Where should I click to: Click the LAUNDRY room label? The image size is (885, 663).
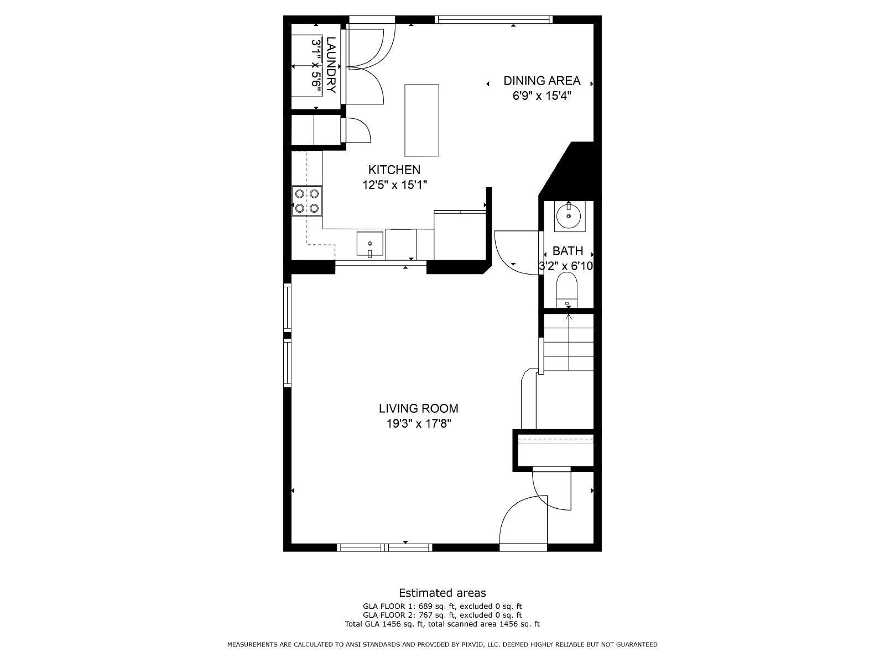click(331, 65)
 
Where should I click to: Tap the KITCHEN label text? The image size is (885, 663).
click(394, 170)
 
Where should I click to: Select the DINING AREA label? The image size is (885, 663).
click(542, 81)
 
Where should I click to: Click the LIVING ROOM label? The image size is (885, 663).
click(418, 409)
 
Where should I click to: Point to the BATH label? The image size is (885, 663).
click(568, 251)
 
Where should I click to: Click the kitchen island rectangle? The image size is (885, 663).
click(421, 120)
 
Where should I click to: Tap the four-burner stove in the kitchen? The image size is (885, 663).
click(308, 201)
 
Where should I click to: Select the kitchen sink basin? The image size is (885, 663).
click(370, 244)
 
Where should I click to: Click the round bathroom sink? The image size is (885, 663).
click(568, 215)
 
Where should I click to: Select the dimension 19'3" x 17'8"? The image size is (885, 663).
click(418, 424)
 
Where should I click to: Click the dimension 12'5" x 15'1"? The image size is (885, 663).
click(394, 185)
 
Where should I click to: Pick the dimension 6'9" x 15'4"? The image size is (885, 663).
click(542, 96)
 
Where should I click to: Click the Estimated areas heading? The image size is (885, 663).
click(442, 593)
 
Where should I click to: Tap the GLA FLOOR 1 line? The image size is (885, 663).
click(442, 606)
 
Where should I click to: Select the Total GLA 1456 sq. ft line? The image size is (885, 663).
click(442, 624)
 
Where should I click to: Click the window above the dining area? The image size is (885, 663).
click(493, 20)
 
